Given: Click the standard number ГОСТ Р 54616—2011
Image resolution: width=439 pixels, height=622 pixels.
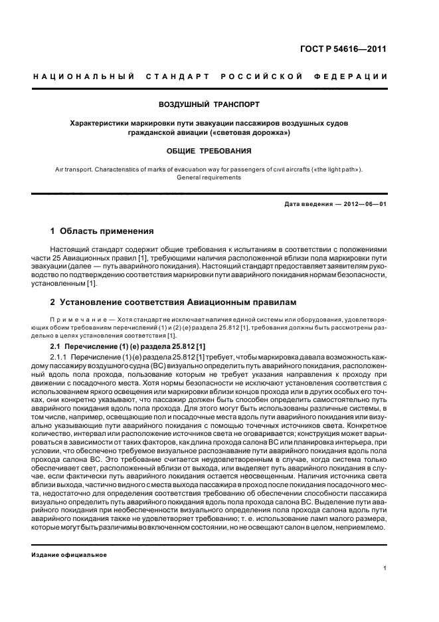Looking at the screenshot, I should click(x=352, y=49).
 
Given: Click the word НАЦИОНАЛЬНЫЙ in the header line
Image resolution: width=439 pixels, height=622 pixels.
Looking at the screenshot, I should click(x=84, y=78).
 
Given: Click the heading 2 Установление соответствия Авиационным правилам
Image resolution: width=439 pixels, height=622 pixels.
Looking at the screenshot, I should click(x=172, y=301).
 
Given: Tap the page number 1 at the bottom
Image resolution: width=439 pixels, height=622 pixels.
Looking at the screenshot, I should click(x=385, y=568).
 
